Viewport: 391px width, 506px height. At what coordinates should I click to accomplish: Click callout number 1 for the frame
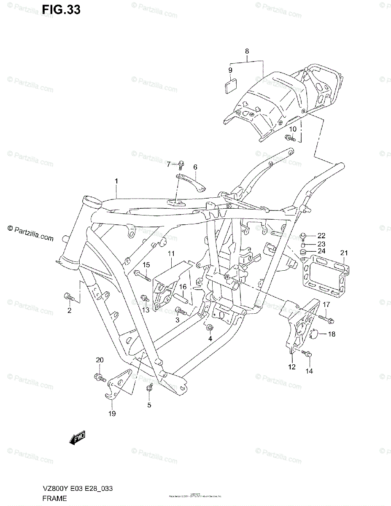click(x=116, y=181)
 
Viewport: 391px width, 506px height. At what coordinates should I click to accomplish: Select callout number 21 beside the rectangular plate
click(x=344, y=253)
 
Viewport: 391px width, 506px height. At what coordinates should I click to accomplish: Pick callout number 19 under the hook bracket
click(x=111, y=414)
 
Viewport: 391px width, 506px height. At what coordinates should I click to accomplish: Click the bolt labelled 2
click(x=68, y=297)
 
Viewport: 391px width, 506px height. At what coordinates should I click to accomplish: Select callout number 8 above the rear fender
click(x=247, y=51)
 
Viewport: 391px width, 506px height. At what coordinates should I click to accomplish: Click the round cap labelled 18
click(x=317, y=335)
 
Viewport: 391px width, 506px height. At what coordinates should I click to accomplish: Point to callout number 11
click(x=171, y=253)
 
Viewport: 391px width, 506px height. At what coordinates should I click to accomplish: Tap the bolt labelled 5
click(x=148, y=388)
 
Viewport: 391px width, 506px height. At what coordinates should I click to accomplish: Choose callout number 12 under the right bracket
click(x=292, y=367)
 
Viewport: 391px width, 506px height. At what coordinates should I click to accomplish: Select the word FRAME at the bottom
click(x=55, y=498)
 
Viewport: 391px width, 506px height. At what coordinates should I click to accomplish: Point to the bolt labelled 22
click(x=302, y=235)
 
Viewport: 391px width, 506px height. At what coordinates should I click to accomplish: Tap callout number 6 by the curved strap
click(x=195, y=167)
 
